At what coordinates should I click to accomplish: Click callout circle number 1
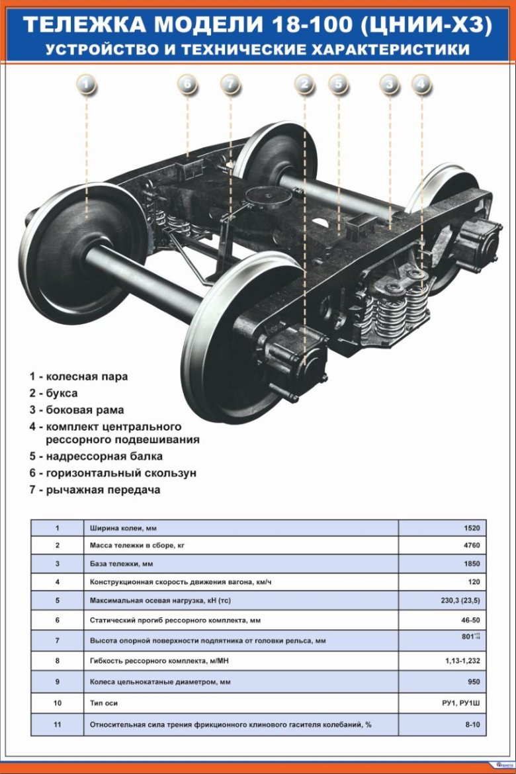click(86, 85)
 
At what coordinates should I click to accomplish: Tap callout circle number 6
click(188, 85)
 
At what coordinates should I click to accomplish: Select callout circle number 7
click(230, 85)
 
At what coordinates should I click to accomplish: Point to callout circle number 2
click(304, 85)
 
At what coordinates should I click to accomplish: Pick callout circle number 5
click(338, 85)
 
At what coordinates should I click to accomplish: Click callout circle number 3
click(390, 85)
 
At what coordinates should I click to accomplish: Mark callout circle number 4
click(421, 85)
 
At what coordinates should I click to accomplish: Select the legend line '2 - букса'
click(54, 393)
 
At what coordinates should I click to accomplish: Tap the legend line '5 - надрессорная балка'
click(96, 456)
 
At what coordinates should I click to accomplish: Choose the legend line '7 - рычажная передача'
click(95, 490)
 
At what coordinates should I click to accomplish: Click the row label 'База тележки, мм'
click(126, 564)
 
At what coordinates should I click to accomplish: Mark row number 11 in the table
click(58, 725)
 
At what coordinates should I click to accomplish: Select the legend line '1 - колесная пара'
click(79, 376)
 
